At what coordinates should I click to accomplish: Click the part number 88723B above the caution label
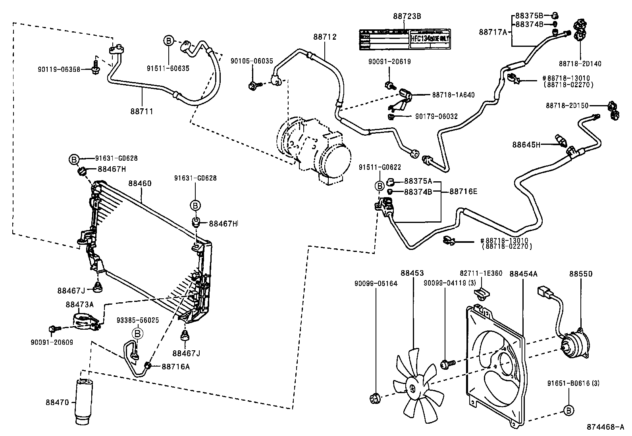407,16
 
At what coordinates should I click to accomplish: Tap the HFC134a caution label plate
405,39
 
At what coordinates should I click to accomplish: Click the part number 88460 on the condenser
139,184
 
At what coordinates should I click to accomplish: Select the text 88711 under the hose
141,111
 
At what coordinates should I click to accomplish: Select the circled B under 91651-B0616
568,410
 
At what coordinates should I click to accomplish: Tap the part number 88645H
526,145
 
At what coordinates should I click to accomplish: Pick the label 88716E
463,192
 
